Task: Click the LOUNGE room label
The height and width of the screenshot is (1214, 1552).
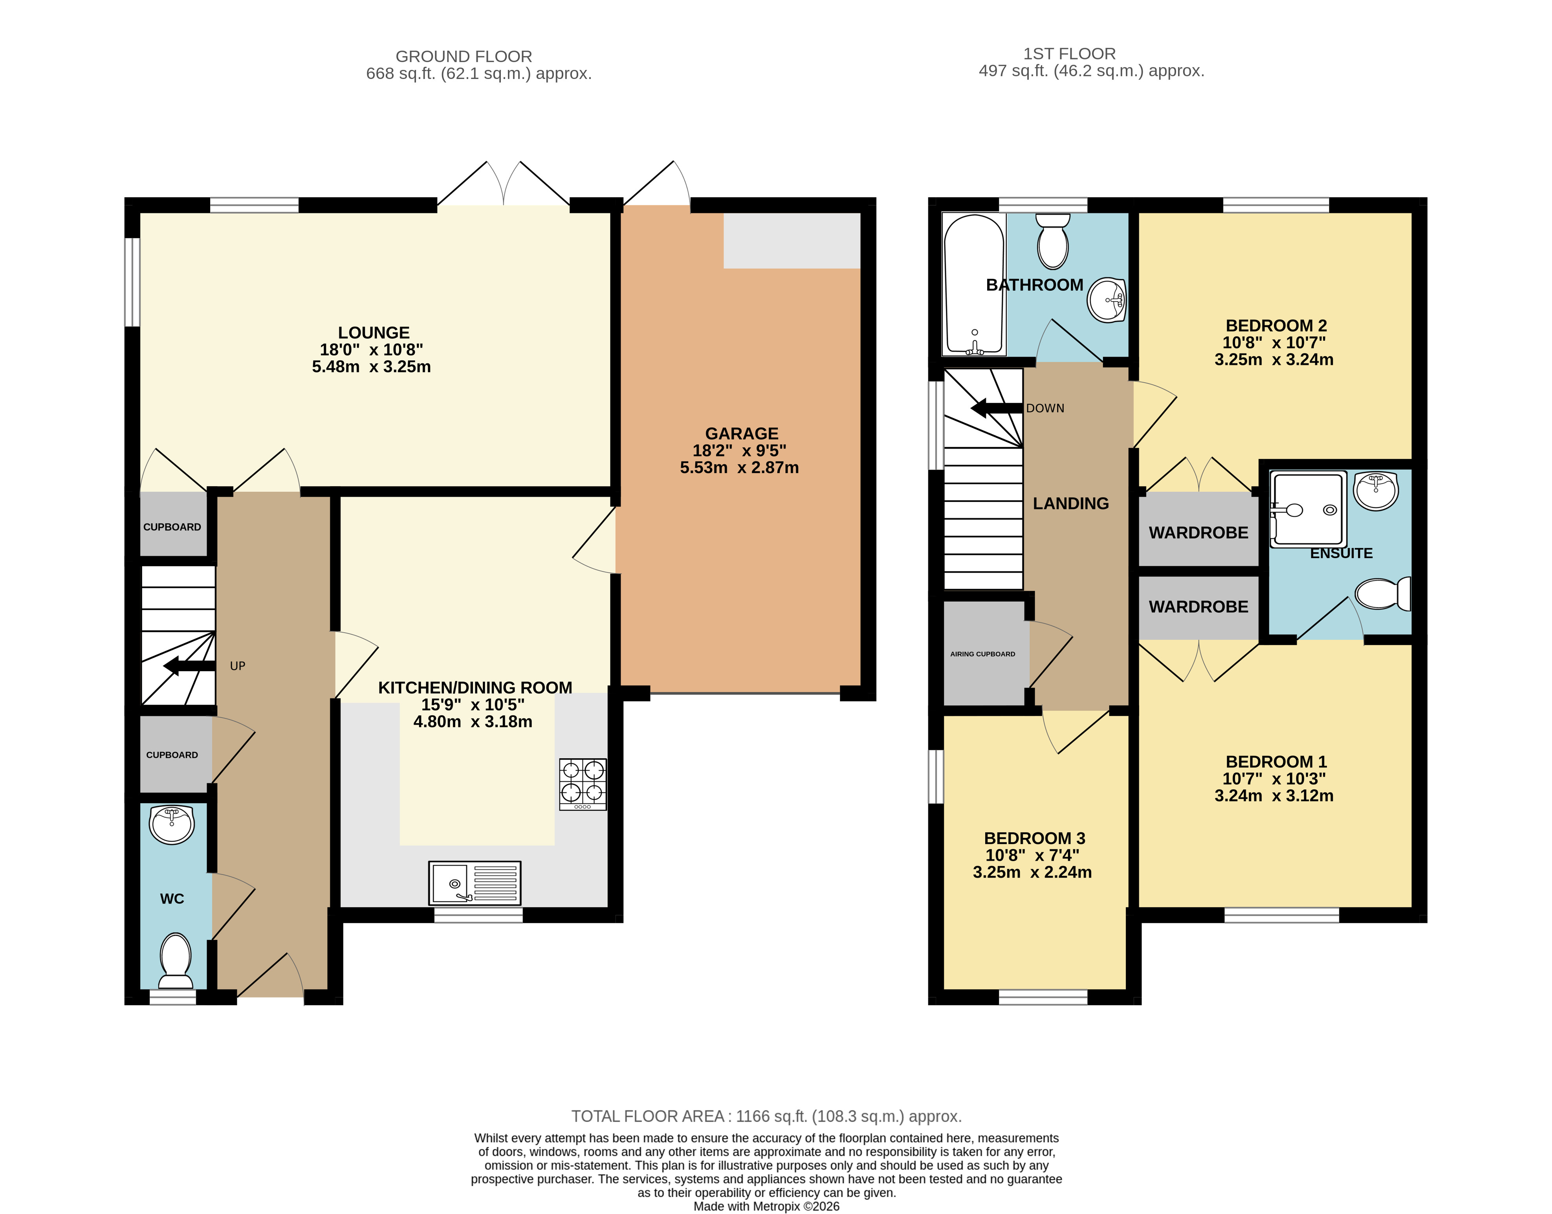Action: [x=374, y=332]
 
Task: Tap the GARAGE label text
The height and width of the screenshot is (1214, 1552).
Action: [x=741, y=433]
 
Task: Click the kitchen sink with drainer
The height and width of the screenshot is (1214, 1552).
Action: [x=475, y=883]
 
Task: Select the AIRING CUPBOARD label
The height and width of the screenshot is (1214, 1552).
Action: [x=983, y=654]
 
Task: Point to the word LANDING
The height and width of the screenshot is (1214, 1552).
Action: [x=1071, y=503]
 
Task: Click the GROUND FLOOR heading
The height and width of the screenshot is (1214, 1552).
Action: [x=464, y=56]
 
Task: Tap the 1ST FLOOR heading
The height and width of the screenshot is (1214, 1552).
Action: [x=1070, y=53]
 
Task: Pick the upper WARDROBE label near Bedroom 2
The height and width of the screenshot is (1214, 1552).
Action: [x=1199, y=533]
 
